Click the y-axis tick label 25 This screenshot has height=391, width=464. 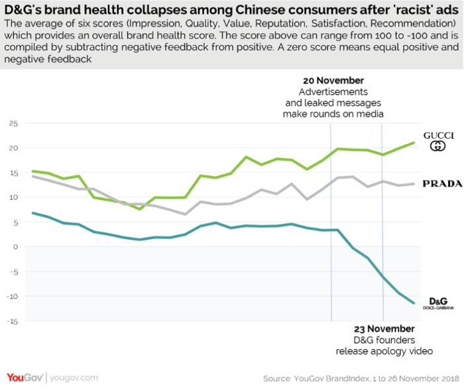pos(13,123)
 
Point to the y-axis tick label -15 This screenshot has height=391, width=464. pos(11,321)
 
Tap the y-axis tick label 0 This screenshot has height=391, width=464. pos(15,247)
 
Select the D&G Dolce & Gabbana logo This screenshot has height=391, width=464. pos(439,303)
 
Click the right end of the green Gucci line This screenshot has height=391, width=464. pos(414,143)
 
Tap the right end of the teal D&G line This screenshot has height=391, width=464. pos(414,303)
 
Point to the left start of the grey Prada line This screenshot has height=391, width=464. pos(32,176)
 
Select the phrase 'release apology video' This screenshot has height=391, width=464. pos(384,351)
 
